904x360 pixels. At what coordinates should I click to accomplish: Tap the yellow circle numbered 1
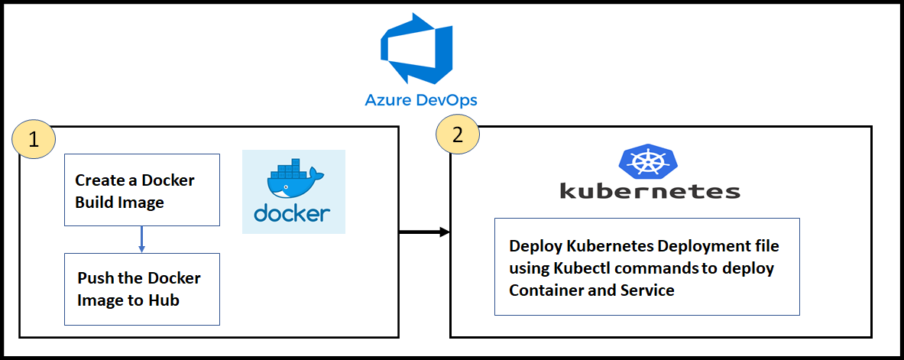pos(34,138)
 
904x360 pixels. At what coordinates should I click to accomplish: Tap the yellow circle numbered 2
pos(457,135)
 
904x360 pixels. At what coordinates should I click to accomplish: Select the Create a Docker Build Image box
pos(141,190)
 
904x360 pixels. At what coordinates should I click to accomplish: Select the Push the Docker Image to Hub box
pos(141,289)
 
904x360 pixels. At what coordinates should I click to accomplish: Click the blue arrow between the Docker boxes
pos(141,239)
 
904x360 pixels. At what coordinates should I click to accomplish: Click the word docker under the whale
pos(292,212)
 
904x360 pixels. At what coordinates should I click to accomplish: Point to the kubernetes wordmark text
pos(650,190)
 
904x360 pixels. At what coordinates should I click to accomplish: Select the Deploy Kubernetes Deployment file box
pos(646,267)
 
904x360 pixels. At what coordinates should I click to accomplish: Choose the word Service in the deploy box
pos(646,290)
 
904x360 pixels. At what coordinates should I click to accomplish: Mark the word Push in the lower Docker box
pos(96,277)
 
